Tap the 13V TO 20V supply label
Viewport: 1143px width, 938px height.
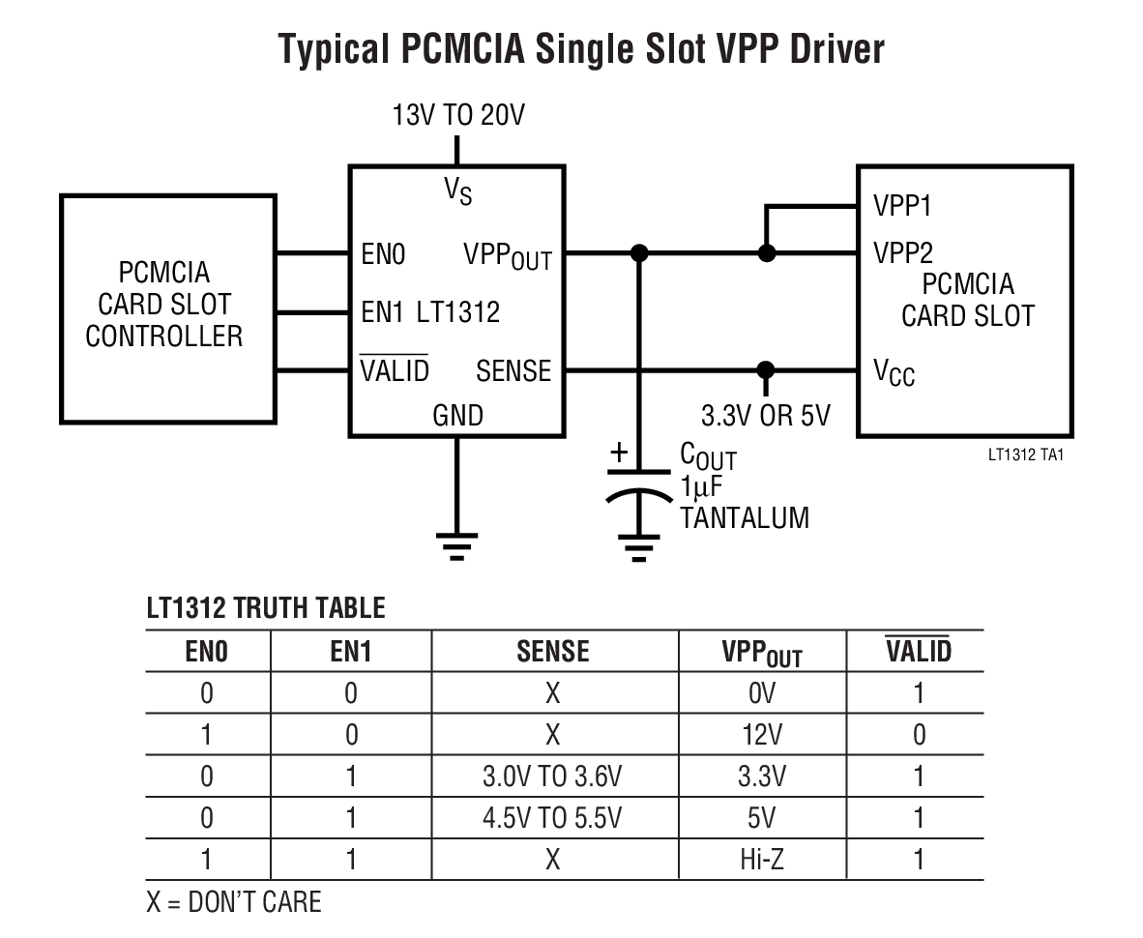coord(457,117)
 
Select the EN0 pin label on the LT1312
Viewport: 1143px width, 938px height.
coord(383,255)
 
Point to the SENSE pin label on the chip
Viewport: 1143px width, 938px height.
coord(513,371)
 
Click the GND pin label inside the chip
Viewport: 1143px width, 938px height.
coord(457,415)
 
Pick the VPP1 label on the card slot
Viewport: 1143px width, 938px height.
coord(903,206)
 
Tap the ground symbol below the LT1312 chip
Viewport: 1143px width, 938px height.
coord(457,548)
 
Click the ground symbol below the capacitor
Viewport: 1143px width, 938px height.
coord(637,548)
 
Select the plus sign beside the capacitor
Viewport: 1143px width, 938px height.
coord(619,452)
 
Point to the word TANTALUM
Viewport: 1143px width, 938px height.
coord(744,517)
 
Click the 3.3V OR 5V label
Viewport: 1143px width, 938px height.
coord(765,416)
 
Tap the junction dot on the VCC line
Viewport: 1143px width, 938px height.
coord(765,369)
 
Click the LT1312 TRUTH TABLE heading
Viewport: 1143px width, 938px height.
coord(266,608)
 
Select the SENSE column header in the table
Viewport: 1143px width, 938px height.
coord(553,651)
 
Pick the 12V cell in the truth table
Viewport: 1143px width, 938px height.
coord(762,735)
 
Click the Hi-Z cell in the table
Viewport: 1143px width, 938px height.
coord(762,859)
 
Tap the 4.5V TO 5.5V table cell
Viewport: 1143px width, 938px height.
coord(552,818)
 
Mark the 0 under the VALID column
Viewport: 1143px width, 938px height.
coord(919,735)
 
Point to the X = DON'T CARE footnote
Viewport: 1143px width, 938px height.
coord(234,902)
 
